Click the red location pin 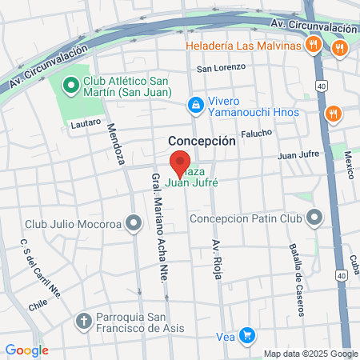click(180, 157)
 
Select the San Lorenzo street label click(220, 68)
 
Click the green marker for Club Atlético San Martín click(70, 84)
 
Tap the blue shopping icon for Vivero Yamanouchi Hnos click(194, 104)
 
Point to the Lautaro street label click(86, 122)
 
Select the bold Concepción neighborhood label click(202, 140)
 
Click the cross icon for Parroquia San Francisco click(83, 322)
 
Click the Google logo click(26, 350)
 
